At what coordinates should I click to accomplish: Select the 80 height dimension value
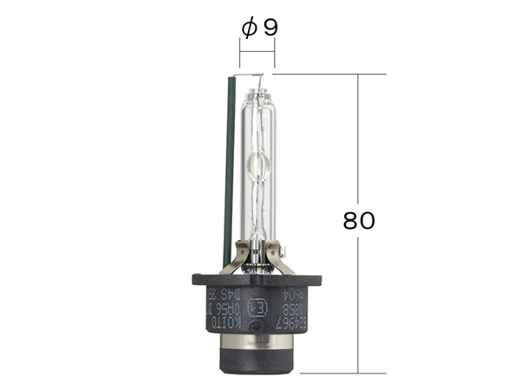pyautogui.click(x=359, y=220)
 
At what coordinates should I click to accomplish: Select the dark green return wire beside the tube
pyautogui.click(x=228, y=165)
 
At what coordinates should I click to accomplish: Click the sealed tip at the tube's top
pyautogui.click(x=257, y=80)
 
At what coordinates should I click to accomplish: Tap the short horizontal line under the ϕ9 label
pyautogui.click(x=257, y=52)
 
